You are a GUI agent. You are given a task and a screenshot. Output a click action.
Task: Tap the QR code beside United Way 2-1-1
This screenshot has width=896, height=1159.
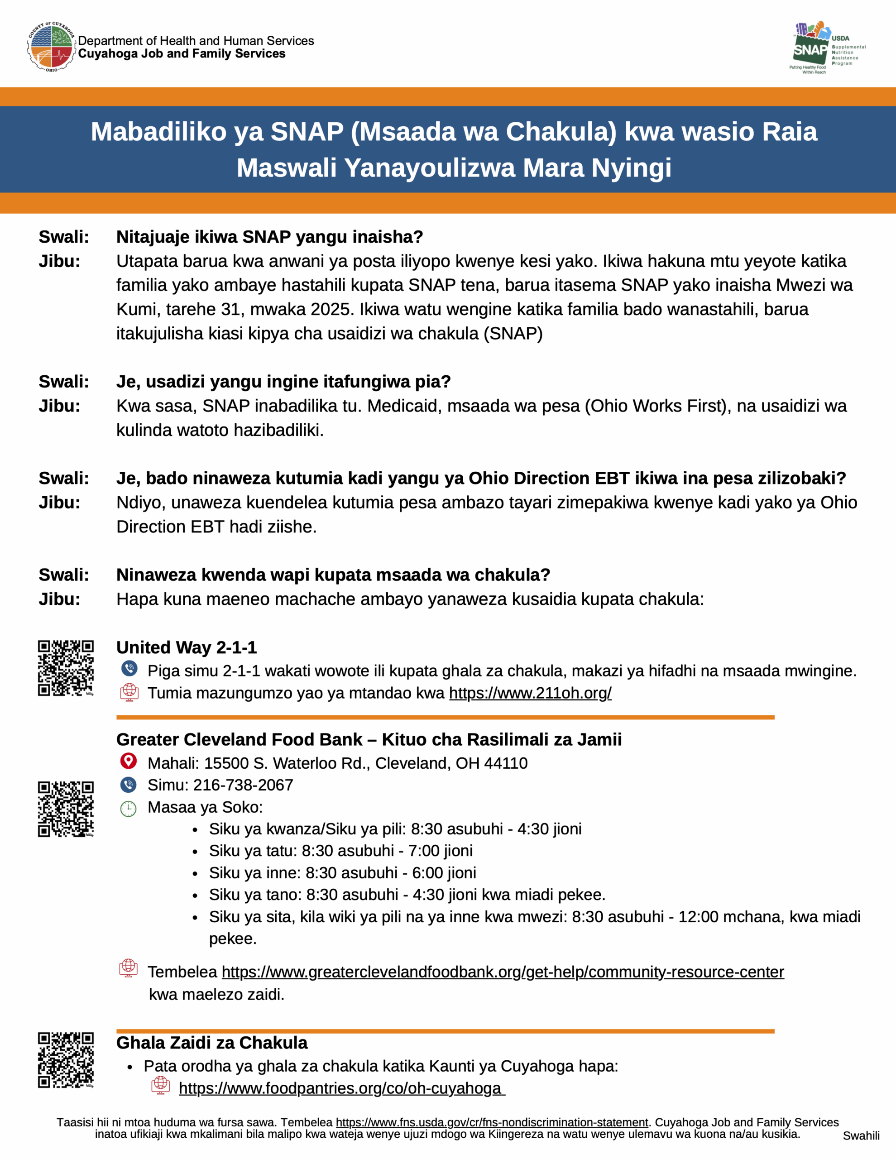point(66,668)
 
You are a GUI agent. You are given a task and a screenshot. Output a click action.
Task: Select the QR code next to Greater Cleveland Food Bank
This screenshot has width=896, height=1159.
point(66,809)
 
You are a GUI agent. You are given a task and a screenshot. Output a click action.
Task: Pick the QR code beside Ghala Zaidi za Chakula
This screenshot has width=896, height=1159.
point(66,1060)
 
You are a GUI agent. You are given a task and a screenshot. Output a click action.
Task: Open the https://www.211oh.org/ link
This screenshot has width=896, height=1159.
point(530,693)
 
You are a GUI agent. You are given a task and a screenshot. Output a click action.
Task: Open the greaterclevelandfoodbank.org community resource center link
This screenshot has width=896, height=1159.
point(502,972)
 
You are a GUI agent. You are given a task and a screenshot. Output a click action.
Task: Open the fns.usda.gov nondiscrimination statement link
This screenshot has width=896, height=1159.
point(492,1122)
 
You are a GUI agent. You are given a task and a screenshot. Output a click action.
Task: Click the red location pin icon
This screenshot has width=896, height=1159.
point(129,761)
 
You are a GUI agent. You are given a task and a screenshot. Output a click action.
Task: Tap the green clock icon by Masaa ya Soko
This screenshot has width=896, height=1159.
point(129,809)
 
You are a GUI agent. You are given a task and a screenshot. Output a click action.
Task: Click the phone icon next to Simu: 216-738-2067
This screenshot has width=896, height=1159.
point(129,784)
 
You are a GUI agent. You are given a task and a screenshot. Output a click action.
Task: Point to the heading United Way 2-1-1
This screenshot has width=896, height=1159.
point(187,647)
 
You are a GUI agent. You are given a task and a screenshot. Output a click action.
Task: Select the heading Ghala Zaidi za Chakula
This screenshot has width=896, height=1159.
point(212,1043)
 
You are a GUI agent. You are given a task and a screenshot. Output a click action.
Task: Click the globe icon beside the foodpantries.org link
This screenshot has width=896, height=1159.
point(160,1085)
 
